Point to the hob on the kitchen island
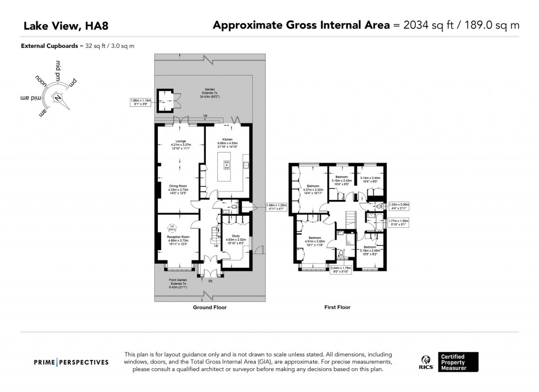coord(227,165)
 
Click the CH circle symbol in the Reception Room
coord(172,228)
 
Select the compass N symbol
coord(58,97)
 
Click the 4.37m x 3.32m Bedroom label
coord(314,188)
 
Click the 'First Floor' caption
coord(337,307)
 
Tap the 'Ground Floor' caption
coord(209,307)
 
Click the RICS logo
coord(426,362)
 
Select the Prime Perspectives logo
coord(71,362)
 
